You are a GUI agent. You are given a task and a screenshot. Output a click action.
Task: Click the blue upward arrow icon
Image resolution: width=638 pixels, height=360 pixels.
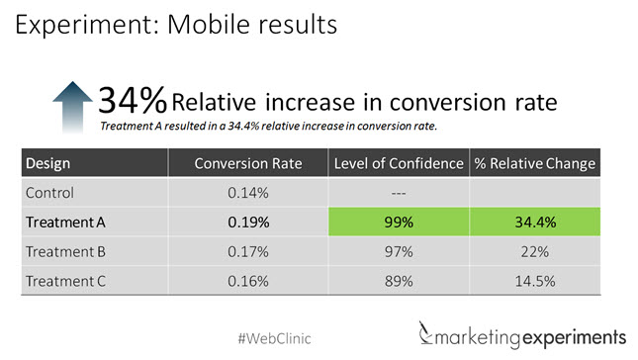coord(70,106)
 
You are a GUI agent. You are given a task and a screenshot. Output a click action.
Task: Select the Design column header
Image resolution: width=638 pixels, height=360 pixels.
coord(47,162)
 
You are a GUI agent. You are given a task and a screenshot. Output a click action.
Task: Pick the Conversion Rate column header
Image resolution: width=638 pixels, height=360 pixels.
coord(247,162)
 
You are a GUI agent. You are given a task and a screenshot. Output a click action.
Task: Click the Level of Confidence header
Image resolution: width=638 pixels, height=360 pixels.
coord(398,162)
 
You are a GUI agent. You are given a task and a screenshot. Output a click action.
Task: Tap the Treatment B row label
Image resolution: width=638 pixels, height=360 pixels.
coord(65,251)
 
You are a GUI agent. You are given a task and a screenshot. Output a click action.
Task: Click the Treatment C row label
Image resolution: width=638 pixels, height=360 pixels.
coord(65,281)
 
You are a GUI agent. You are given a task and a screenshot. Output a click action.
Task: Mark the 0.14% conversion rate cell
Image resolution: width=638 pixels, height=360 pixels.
coord(247,192)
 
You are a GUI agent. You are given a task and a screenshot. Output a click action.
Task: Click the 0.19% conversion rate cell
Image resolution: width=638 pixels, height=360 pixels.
coord(247,223)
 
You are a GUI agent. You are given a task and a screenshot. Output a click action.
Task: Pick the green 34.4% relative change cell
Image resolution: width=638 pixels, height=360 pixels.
coord(535,223)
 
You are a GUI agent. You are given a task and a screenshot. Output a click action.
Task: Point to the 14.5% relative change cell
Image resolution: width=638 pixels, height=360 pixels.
coord(535,281)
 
